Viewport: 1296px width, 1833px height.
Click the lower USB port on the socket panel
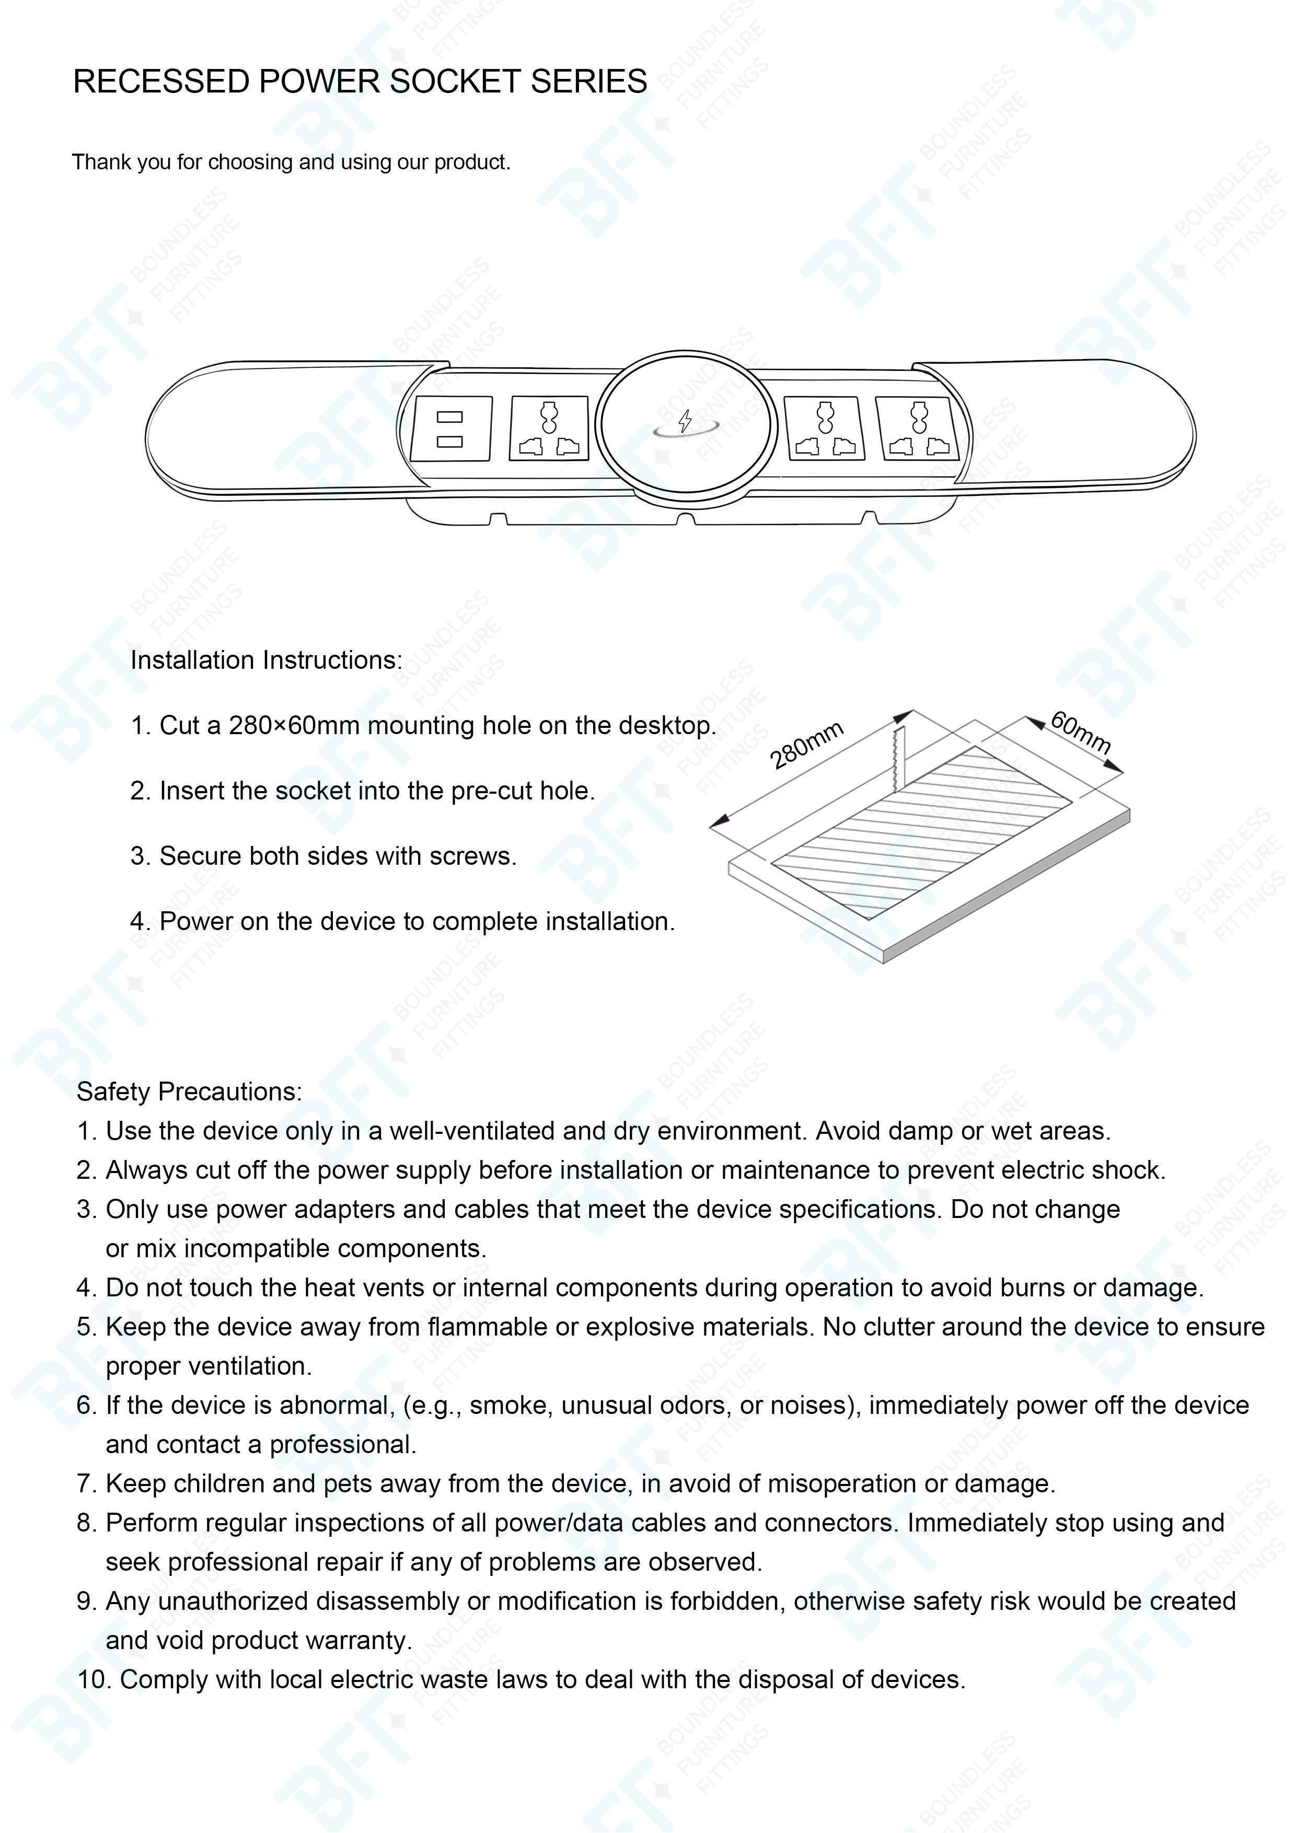pyautogui.click(x=449, y=442)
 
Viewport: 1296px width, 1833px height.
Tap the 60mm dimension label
pyautogui.click(x=1080, y=732)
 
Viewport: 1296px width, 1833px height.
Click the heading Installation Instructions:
pyautogui.click(x=266, y=660)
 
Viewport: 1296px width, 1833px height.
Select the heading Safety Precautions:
pyautogui.click(x=189, y=1092)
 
